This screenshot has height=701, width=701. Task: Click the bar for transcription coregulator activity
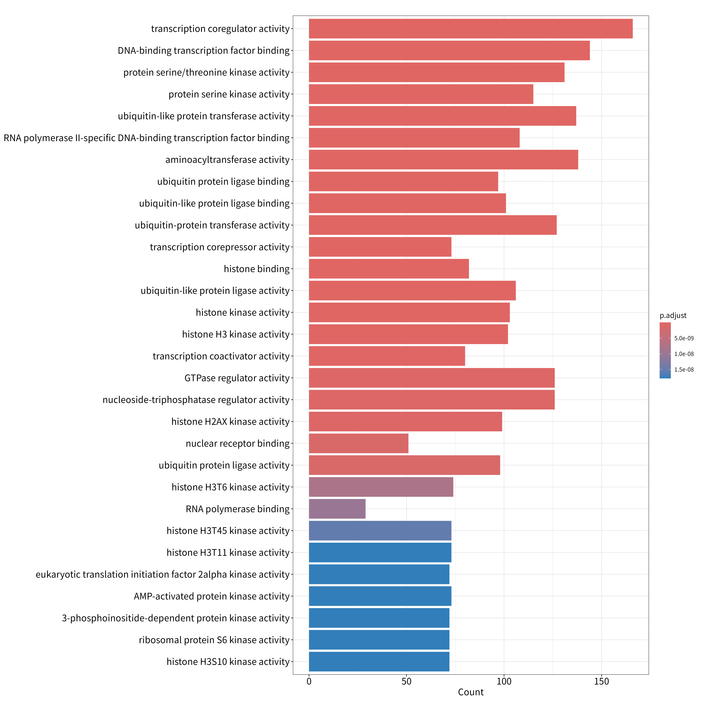click(471, 29)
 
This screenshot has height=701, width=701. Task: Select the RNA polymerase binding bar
click(337, 509)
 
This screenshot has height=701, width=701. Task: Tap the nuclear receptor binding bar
click(358, 443)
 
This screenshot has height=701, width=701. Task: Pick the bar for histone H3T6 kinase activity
click(381, 487)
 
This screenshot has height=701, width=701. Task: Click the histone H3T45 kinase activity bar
click(380, 530)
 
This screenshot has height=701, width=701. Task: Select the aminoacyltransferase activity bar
click(443, 160)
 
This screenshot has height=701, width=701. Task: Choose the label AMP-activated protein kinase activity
click(212, 596)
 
